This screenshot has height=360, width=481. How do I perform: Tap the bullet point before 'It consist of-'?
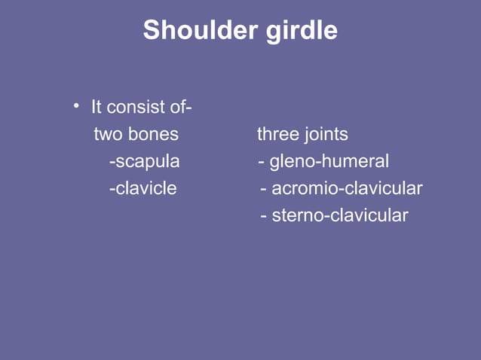pyautogui.click(x=76, y=105)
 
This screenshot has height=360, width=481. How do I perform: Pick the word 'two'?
pyautogui.click(x=107, y=135)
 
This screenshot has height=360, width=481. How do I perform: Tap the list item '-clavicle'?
pyautogui.click(x=142, y=188)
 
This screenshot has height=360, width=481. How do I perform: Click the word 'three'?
pyautogui.click(x=277, y=135)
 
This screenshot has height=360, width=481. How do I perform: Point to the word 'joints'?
pyautogui.click(x=326, y=136)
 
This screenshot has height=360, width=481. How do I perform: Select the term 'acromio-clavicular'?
pyautogui.click(x=347, y=188)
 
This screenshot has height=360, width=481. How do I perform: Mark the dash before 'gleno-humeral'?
pyautogui.click(x=261, y=163)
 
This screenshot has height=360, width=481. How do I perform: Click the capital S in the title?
pyautogui.click(x=151, y=30)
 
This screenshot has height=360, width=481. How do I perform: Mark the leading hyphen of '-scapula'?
pyautogui.click(x=112, y=163)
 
